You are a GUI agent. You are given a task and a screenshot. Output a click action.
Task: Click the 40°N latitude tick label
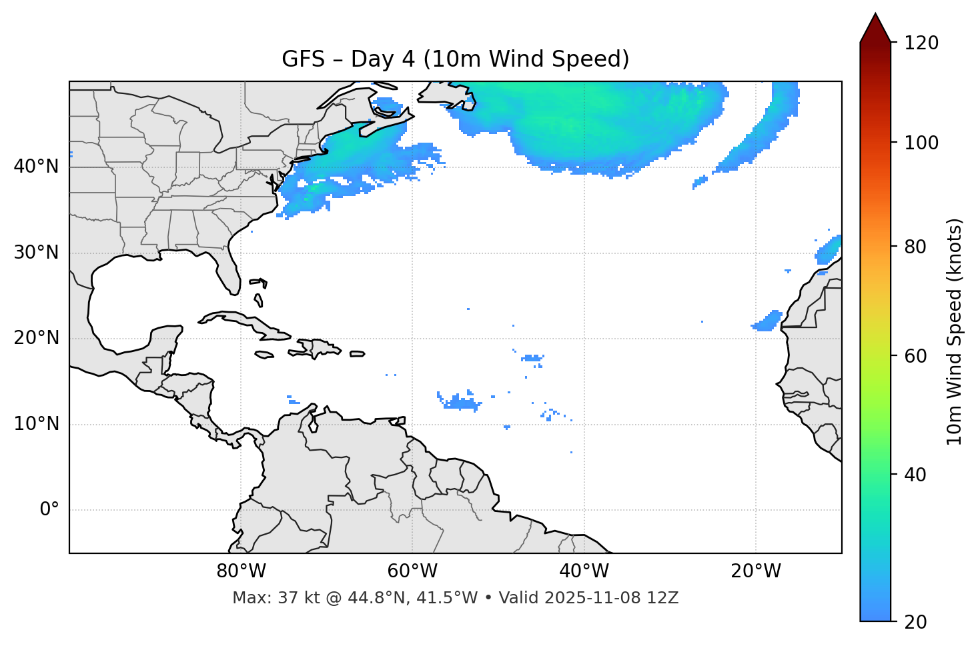click(36, 167)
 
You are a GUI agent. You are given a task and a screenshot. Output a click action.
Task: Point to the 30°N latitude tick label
click(36, 253)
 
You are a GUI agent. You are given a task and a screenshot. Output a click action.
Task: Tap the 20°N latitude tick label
click(36, 338)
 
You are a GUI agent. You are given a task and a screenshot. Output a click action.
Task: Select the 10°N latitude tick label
click(36, 424)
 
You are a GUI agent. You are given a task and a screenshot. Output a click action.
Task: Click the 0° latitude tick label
click(49, 510)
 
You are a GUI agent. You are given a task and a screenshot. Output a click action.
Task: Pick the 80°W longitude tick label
click(241, 571)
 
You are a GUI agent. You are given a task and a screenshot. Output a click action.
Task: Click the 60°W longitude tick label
click(412, 571)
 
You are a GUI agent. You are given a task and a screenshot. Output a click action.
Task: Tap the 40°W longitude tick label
click(584, 571)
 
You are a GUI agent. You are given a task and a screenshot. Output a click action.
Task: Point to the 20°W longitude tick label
click(755, 571)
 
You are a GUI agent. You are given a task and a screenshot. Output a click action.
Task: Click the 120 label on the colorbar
click(921, 43)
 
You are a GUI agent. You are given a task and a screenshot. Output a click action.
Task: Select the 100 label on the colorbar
click(921, 143)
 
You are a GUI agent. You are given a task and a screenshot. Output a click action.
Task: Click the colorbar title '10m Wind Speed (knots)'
click(955, 332)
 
